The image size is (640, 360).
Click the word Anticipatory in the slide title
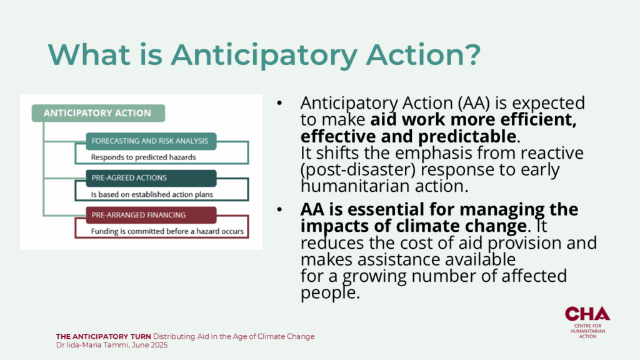pos(264,55)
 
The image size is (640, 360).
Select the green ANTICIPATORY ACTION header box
pos(98,113)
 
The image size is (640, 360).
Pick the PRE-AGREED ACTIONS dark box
pos(151,178)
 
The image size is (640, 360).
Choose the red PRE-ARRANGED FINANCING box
pos(151,215)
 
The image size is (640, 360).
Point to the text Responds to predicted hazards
pos(143,157)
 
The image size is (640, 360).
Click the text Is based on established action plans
pos(152,195)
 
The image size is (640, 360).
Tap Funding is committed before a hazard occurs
pos(167,231)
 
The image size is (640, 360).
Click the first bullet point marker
pos(279,103)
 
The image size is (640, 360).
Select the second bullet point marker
pos(279,209)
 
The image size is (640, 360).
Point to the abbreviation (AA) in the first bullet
pos(473,103)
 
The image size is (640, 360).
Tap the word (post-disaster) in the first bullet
pos(358,170)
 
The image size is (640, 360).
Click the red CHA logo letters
pos(587,314)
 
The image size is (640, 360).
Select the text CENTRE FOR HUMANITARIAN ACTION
pos(587,331)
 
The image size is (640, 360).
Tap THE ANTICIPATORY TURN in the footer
pos(103,337)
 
